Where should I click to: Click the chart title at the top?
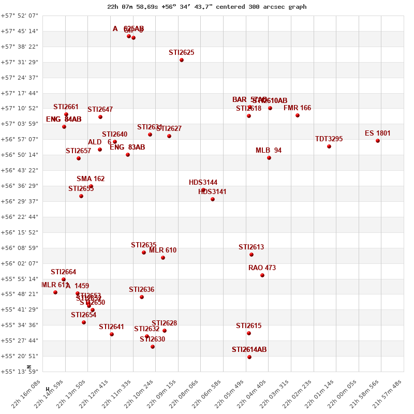206,7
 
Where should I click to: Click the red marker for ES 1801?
378,141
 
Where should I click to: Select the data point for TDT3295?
329,146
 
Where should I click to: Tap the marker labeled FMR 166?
298,115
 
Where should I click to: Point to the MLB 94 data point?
269,158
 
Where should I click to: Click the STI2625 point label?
182,53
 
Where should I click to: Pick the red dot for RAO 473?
262,275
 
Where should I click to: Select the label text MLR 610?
163,250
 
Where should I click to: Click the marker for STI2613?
252,255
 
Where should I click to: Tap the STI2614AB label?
249,350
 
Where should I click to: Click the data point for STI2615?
249,333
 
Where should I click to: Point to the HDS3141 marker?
213,199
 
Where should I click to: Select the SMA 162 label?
91,179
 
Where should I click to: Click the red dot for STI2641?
112,334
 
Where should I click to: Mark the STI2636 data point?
142,297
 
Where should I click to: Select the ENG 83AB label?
128,147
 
